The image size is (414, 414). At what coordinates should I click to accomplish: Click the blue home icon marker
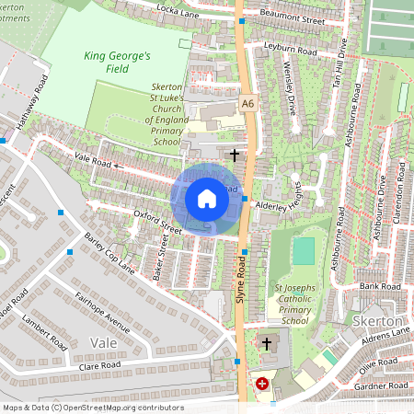click(x=207, y=198)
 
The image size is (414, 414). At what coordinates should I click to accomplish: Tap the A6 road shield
click(x=247, y=103)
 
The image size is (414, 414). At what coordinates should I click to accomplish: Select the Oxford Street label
click(x=133, y=220)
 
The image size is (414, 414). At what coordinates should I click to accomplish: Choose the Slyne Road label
click(x=242, y=280)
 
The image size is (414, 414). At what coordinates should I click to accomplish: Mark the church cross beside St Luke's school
click(x=236, y=155)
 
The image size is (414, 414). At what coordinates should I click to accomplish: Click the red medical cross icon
click(x=263, y=383)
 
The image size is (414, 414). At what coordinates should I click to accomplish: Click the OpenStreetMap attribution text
click(x=92, y=407)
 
